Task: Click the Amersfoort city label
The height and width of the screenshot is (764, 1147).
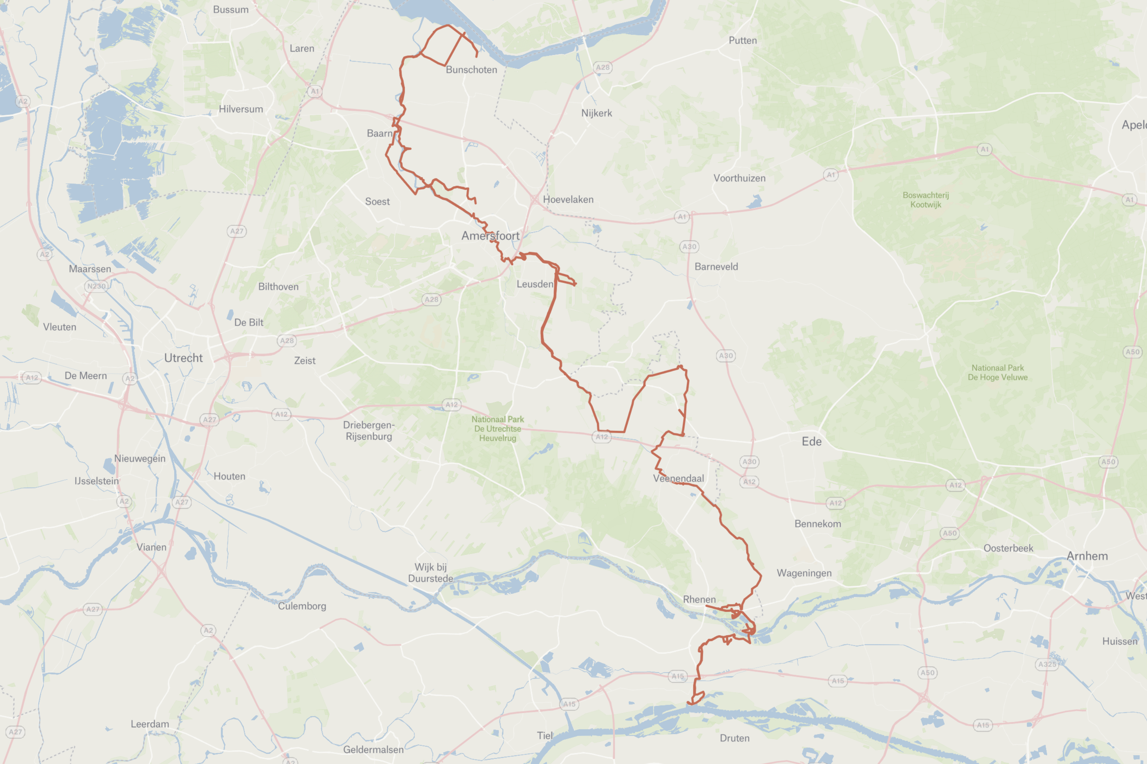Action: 490,236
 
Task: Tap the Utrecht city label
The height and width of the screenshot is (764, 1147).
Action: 183,358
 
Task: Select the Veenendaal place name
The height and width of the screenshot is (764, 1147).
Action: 678,479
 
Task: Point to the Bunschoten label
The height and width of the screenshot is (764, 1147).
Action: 471,70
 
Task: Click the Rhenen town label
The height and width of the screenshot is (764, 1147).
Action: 699,599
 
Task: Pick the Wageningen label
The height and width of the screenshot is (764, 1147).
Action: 804,573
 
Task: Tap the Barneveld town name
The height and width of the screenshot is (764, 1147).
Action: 716,266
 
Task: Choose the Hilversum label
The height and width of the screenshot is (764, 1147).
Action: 240,109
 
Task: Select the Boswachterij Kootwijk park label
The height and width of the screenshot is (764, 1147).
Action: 925,200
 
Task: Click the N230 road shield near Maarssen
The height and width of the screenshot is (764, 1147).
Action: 96,286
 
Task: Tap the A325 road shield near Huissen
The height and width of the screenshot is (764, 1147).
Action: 1047,664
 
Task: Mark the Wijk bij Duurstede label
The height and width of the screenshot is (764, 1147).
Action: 430,572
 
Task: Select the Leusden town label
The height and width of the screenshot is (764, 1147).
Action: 535,284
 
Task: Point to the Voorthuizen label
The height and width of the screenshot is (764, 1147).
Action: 739,178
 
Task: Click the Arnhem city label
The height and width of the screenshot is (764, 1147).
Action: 1087,556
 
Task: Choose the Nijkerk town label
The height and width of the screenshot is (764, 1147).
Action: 596,113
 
